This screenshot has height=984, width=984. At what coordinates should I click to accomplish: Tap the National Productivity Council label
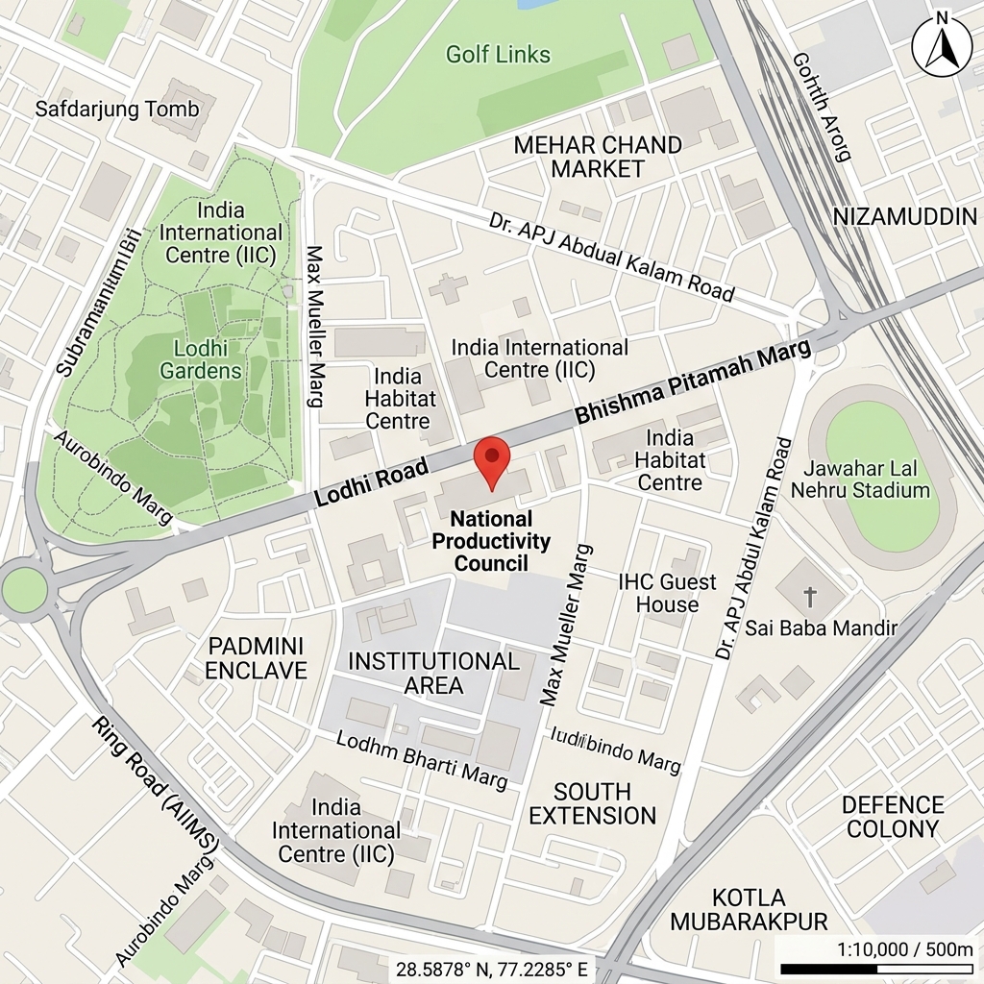[491, 541]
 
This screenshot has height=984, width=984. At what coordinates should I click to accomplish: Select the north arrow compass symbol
[942, 45]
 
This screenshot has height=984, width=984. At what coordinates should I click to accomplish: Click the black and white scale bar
[875, 969]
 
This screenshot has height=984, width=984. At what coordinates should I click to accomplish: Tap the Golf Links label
[498, 55]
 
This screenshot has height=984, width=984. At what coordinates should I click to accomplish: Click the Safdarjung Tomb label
[117, 109]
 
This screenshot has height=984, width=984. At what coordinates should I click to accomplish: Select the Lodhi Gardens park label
[201, 359]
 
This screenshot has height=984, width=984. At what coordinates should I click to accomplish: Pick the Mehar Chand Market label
[598, 157]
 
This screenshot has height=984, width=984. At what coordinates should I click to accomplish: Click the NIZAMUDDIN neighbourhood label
[904, 216]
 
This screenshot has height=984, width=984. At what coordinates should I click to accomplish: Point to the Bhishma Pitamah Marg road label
[693, 382]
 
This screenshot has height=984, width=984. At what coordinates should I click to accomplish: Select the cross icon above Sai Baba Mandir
[809, 597]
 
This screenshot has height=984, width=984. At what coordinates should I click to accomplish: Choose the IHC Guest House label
[667, 593]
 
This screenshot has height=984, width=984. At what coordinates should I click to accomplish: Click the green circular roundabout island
[23, 589]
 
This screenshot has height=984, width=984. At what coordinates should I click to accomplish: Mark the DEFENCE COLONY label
[894, 816]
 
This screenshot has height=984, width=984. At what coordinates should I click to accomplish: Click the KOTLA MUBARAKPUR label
[749, 909]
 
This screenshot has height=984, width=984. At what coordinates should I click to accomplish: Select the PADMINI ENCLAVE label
[256, 657]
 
